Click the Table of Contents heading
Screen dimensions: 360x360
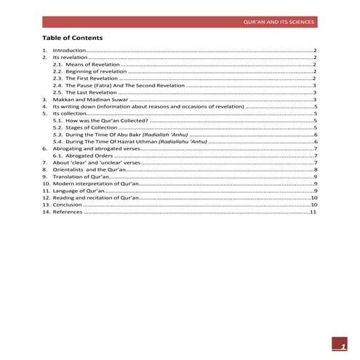72,37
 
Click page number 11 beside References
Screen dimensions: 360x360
313,212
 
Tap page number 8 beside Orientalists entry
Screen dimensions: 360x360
315,169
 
